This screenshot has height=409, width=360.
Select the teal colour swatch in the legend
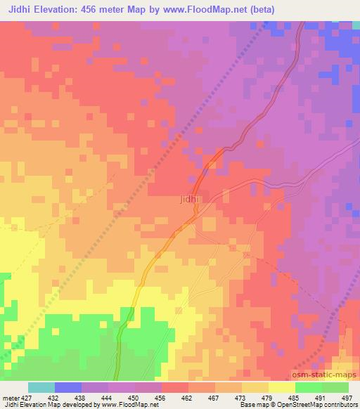click(41, 387)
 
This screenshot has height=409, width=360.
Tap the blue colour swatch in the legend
click(68, 387)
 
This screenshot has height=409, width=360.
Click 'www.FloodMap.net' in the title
click(212, 10)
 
